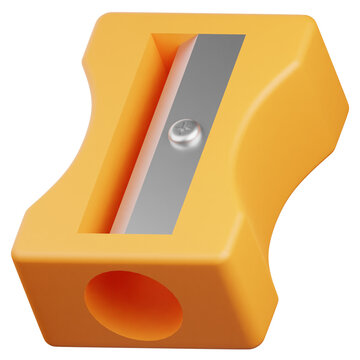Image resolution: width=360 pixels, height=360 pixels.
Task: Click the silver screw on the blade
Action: click(x=183, y=128)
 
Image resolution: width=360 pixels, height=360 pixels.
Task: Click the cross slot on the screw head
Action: click(x=183, y=127)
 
